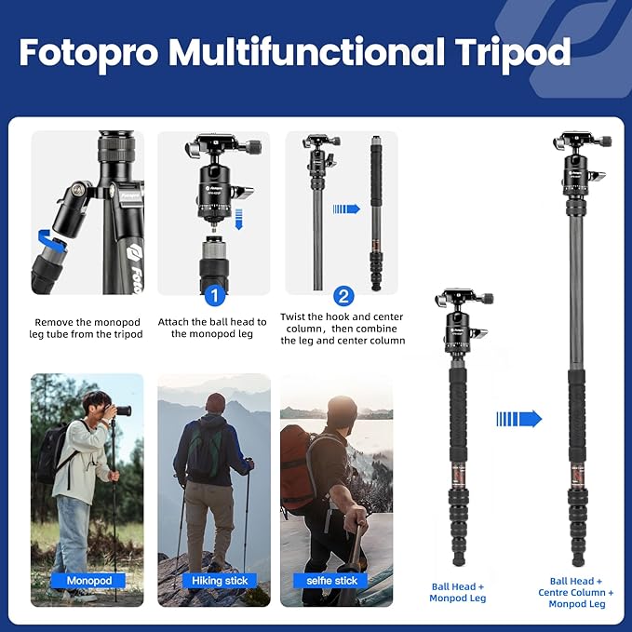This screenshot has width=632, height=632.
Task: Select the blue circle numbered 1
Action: pos(213,296)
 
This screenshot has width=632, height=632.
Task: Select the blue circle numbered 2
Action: pos(343,296)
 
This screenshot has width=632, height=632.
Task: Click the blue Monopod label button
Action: pos(88,581)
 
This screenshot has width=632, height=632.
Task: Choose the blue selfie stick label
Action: pos(332,581)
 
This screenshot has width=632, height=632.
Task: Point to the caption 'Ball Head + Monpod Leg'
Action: pos(457,592)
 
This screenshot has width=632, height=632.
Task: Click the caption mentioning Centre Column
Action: pos(576,592)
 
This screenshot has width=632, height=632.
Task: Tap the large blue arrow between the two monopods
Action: pos(518,419)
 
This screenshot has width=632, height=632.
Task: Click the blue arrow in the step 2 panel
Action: pos(346,208)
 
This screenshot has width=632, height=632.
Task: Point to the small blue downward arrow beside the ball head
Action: pos(238,220)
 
